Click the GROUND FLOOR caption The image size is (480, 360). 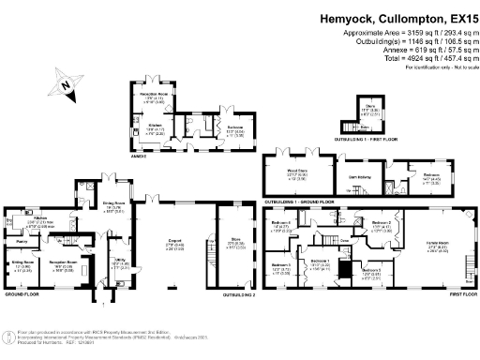pos(22,294)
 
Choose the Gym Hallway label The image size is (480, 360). pos(359,174)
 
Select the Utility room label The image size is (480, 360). pos(119,262)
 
